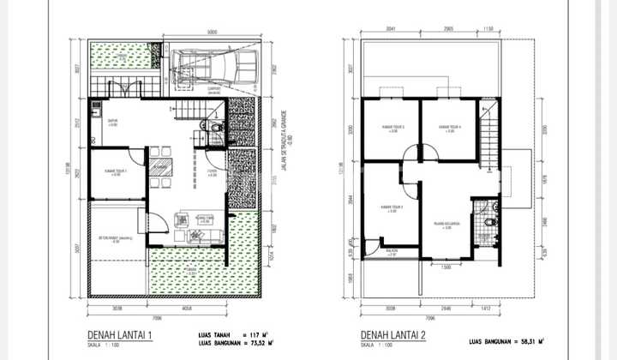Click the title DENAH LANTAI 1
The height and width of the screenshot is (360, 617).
click(121, 334)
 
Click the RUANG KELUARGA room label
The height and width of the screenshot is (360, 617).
click(446, 225)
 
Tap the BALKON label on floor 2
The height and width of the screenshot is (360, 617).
click(392, 250)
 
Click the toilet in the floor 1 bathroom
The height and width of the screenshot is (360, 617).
click(215, 129)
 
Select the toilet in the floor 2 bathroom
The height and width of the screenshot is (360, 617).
click(488, 221)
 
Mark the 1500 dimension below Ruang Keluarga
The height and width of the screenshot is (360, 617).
click(446, 267)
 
